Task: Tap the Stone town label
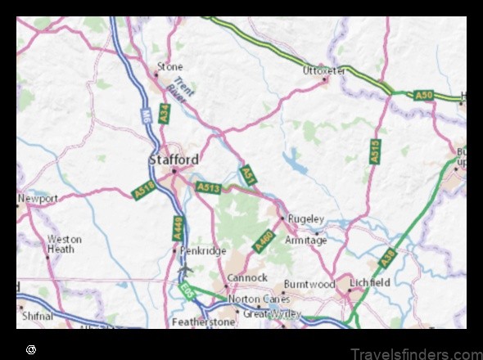coord(170,66)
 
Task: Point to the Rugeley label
coord(308,218)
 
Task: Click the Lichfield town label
coord(366,283)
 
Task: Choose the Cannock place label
coord(246,278)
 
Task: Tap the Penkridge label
coord(202,251)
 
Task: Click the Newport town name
coord(38,199)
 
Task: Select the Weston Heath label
coord(65,244)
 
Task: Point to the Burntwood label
coord(309,285)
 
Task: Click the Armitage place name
coord(305,241)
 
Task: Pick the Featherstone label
coord(204,322)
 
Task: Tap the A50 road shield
coord(423,97)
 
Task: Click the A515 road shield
coord(375,151)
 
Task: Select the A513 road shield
coord(208,188)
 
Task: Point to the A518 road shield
coord(144,191)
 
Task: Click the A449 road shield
coord(178,227)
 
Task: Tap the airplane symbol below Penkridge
coord(185,268)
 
